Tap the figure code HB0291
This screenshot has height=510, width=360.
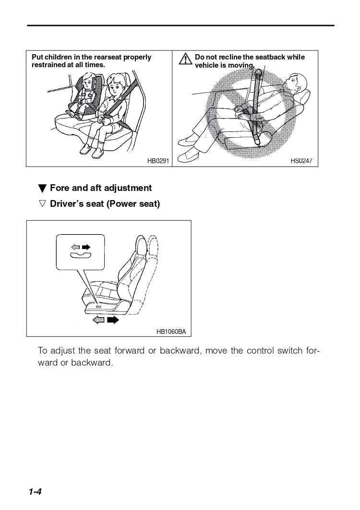pyautogui.click(x=158, y=161)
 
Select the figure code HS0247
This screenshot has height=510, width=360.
pyautogui.click(x=301, y=161)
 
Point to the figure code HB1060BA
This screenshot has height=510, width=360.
pyautogui.click(x=171, y=332)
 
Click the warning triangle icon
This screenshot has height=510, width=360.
pyautogui.click(x=186, y=59)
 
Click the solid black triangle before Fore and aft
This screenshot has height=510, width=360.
pyautogui.click(x=42, y=189)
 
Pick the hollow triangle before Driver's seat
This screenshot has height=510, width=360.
pyautogui.click(x=42, y=204)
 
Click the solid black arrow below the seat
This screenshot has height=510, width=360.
pyautogui.click(x=113, y=320)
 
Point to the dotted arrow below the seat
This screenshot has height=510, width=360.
pyautogui.click(x=98, y=320)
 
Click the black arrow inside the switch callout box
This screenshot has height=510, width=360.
pyautogui.click(x=86, y=247)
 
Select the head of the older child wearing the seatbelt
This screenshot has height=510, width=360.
pyautogui.click(x=116, y=86)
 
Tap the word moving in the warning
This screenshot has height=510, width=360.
pyautogui.click(x=241, y=65)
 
